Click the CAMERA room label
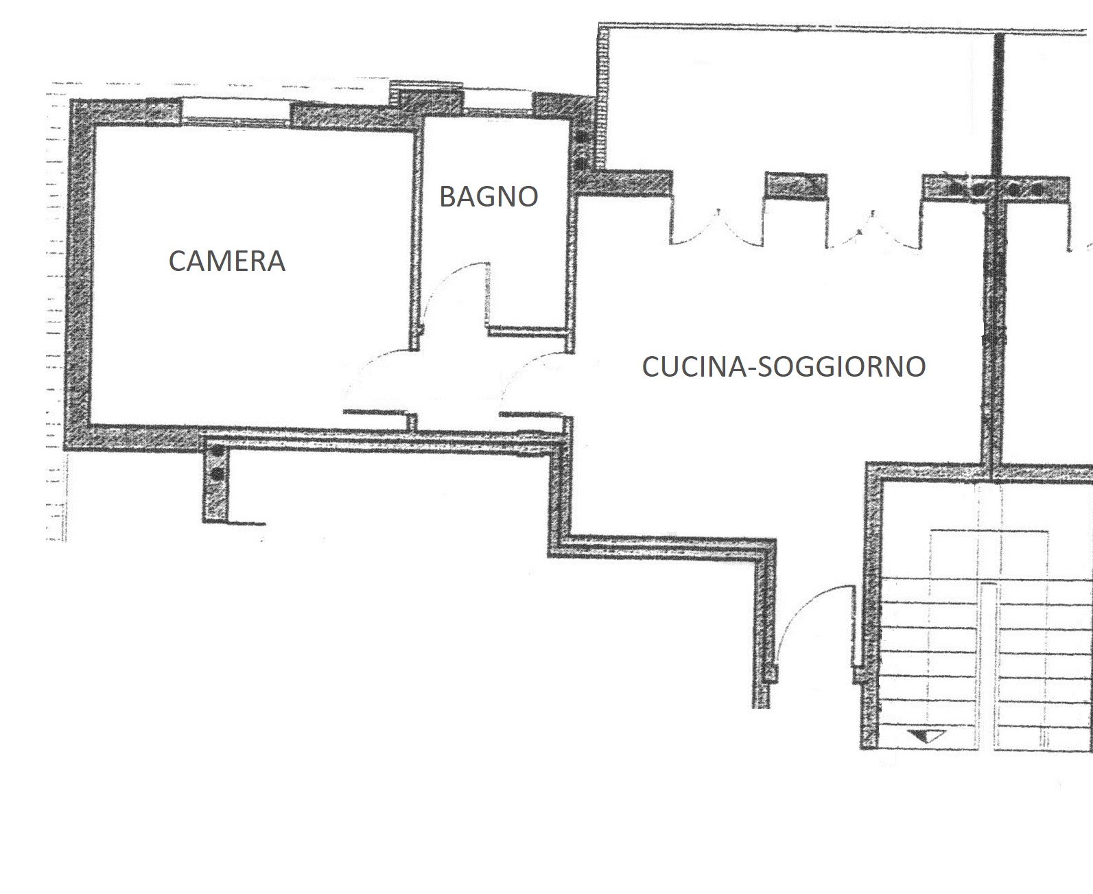tap(227, 261)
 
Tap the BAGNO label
tap(489, 196)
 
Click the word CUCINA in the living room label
tap(693, 366)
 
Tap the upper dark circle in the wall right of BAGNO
tap(581, 137)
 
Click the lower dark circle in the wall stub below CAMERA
tap(218, 473)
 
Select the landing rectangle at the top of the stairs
tap(989, 554)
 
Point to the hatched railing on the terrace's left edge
tap(603, 99)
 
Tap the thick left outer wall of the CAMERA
tap(80, 274)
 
